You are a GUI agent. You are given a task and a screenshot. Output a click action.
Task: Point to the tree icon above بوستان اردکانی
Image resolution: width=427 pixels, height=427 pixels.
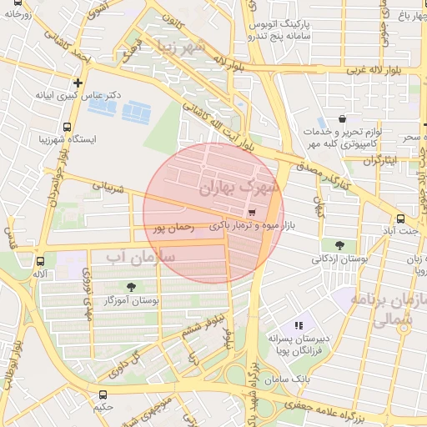(x=340, y=245)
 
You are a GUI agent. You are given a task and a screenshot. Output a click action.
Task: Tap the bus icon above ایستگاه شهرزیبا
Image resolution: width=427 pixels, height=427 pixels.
(x=66, y=127)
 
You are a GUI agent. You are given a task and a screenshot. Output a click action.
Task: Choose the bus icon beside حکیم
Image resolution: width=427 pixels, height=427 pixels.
(x=103, y=394)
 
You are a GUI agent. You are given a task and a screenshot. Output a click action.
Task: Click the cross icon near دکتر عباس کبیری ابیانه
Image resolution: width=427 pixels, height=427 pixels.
(x=78, y=83)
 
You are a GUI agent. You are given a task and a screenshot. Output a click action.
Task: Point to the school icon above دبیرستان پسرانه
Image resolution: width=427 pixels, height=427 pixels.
(x=299, y=325)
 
